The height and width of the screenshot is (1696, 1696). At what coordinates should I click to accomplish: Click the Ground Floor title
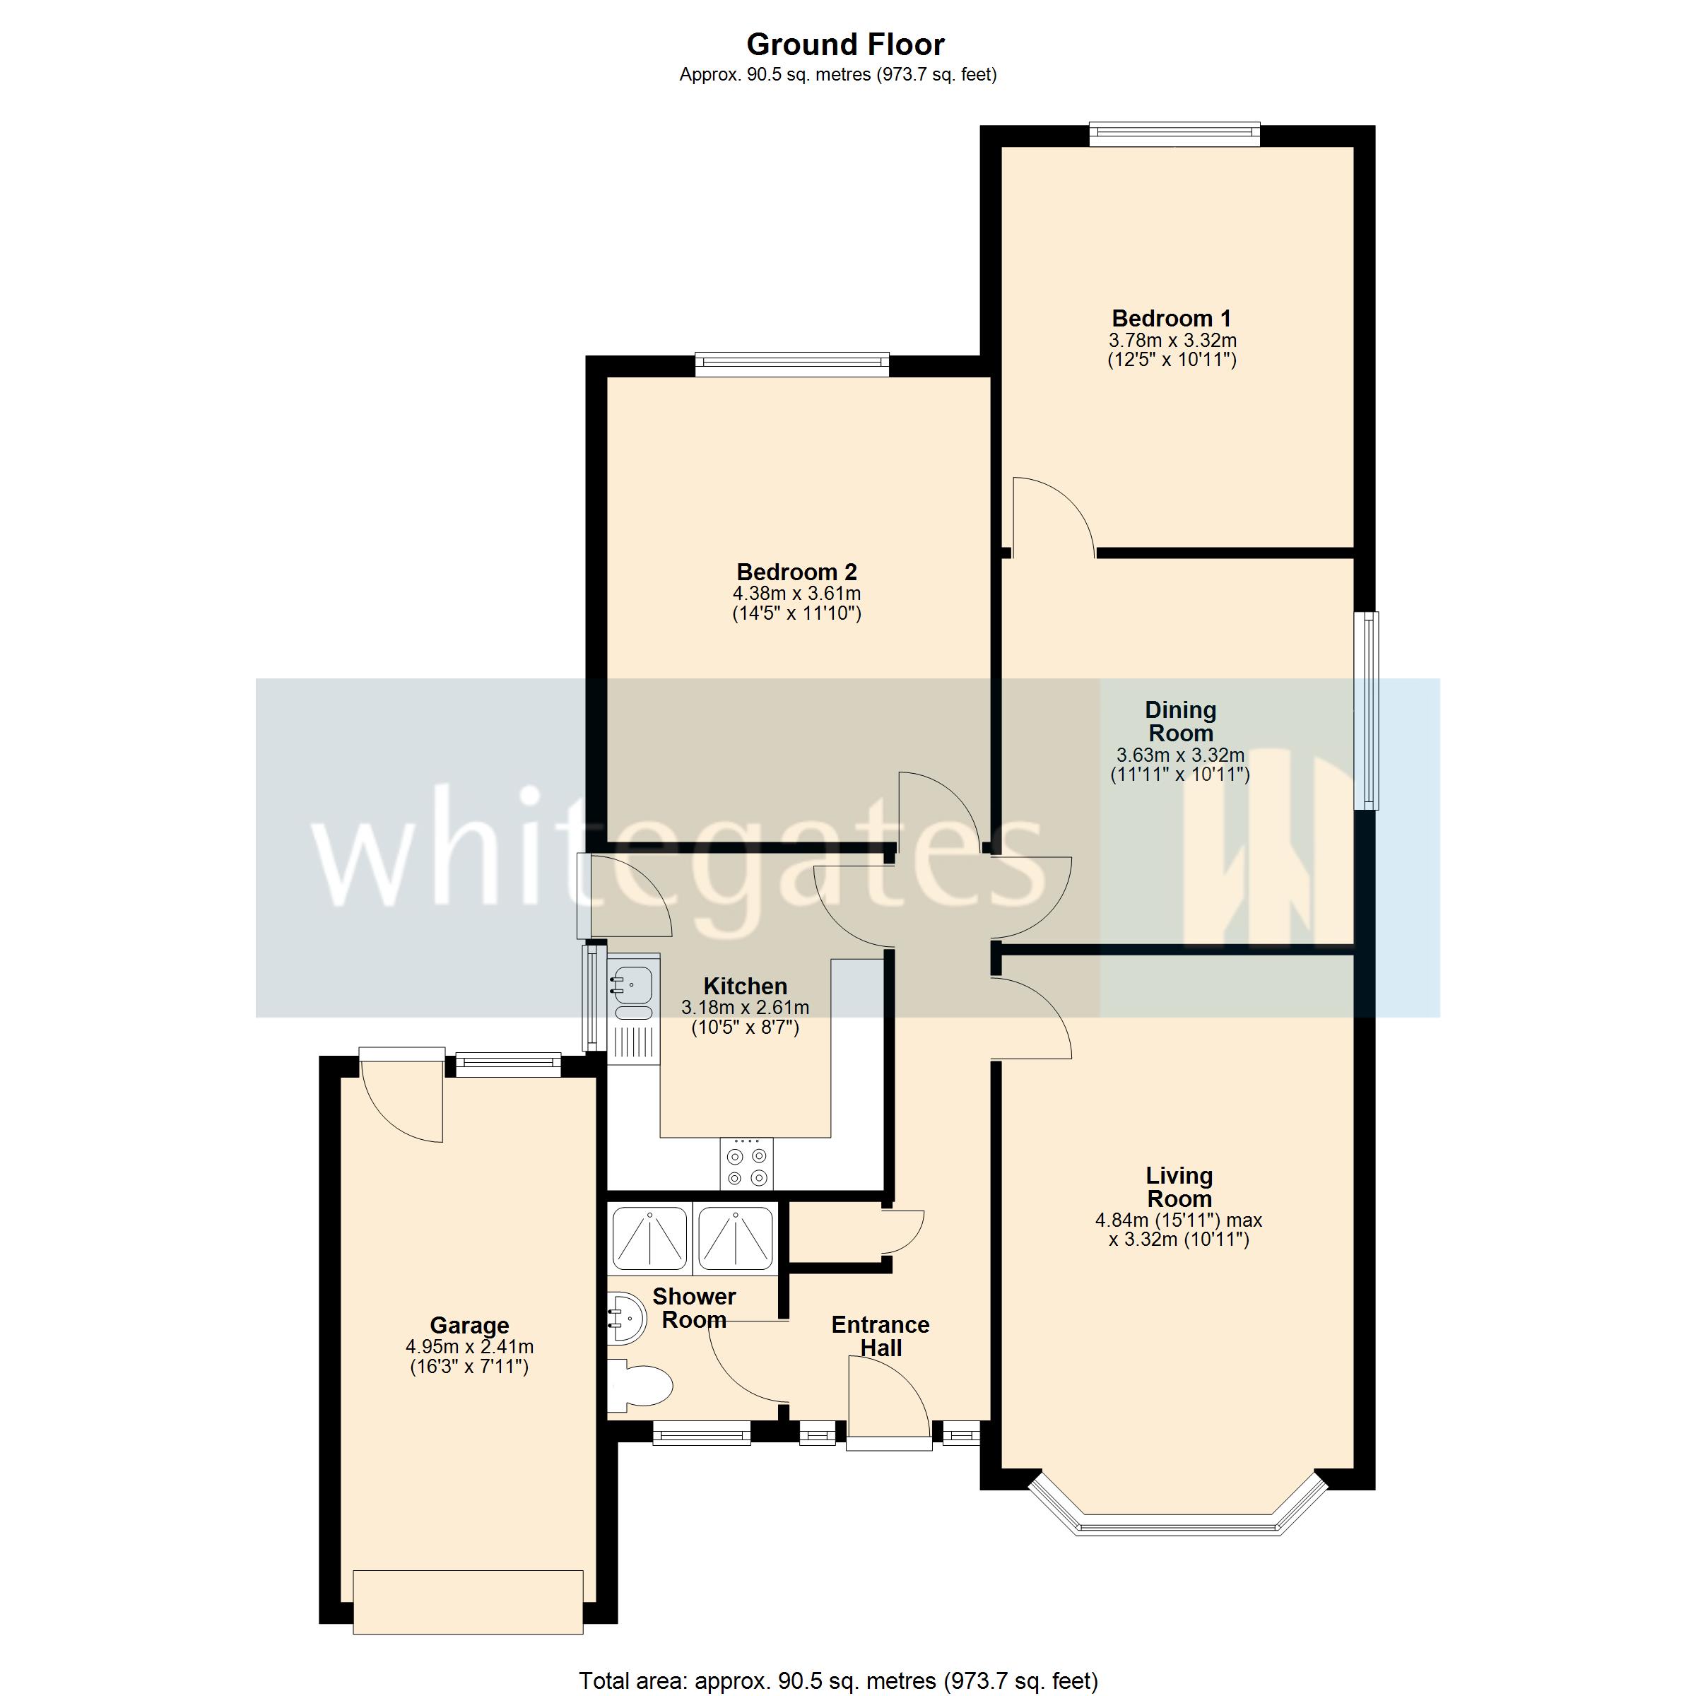(844, 44)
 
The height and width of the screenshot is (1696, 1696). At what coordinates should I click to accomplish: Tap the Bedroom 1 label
(1171, 318)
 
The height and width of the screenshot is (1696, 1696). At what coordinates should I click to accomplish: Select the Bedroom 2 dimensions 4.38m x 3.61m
(796, 594)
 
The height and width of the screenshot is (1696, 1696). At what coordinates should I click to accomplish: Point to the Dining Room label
(1180, 721)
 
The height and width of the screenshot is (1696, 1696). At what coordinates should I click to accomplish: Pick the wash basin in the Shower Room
(625, 1316)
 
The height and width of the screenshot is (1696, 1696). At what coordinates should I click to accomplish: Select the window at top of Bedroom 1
(1174, 134)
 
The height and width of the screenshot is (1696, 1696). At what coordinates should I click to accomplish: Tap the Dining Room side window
(1366, 710)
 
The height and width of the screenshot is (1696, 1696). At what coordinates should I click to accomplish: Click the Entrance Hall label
(880, 1336)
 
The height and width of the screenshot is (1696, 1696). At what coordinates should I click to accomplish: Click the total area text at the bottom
(838, 1680)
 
